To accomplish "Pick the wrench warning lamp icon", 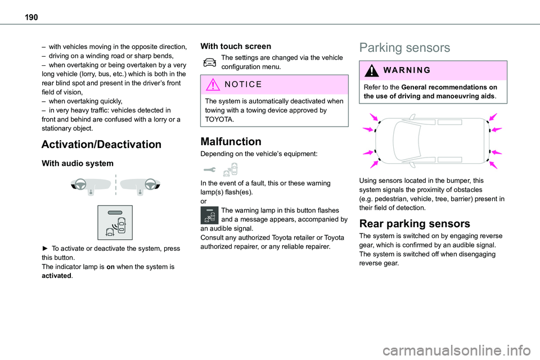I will tap(208, 168).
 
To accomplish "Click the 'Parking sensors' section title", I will tap(404, 48).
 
